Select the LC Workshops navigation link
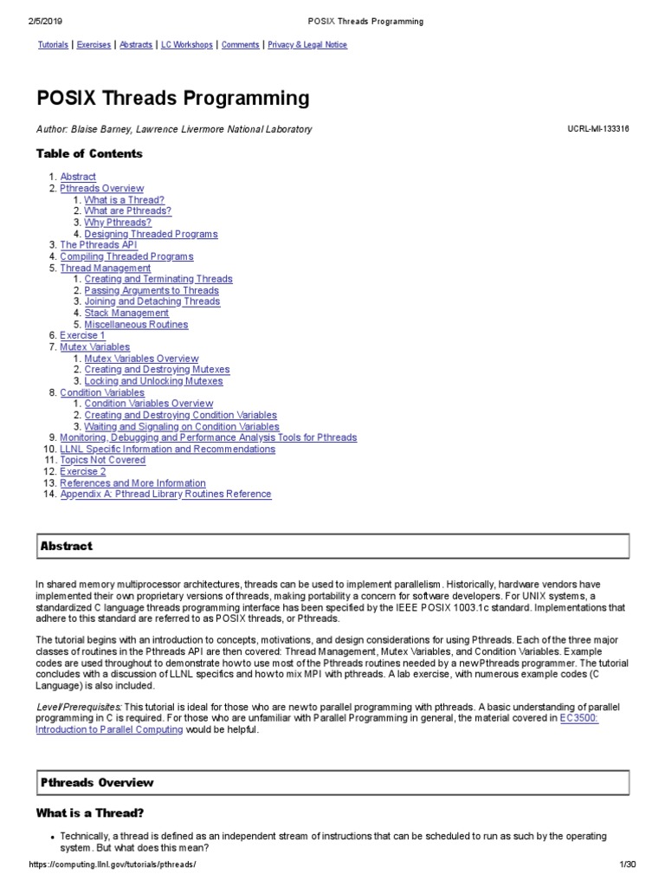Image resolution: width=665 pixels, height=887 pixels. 186,44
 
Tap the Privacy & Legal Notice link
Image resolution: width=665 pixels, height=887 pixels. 307,44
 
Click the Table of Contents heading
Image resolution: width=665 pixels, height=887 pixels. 89,153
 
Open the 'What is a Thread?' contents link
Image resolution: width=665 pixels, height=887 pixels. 124,200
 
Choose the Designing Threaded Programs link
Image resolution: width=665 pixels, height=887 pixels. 151,234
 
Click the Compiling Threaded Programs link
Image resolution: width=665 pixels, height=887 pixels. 126,256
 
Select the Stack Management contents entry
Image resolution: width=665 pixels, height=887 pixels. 126,313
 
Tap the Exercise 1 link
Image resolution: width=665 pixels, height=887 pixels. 82,335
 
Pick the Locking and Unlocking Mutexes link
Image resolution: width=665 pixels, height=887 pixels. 153,381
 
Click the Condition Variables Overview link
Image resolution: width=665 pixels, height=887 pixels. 148,404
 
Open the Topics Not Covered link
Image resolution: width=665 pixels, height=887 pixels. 102,460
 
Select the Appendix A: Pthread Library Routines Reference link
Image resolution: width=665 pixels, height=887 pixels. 165,494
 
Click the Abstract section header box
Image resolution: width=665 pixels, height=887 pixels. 332,547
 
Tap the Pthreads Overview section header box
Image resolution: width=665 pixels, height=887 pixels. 332,783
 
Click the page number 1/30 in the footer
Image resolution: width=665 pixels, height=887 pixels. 627,865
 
